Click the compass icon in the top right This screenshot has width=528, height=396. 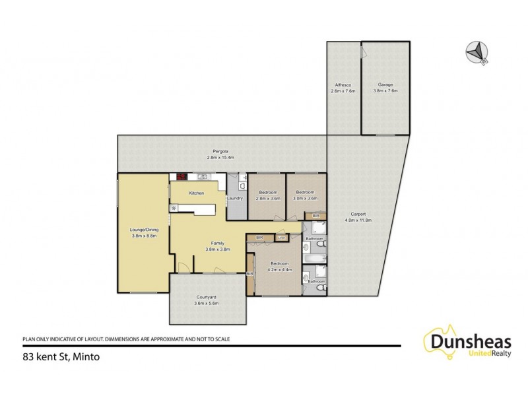[477, 52]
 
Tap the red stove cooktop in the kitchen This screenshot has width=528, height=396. [178, 177]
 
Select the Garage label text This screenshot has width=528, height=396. [386, 85]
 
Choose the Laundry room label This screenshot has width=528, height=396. [236, 198]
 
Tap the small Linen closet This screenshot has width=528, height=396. [282, 237]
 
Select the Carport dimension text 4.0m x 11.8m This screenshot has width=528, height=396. [359, 220]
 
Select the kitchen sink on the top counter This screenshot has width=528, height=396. [203, 177]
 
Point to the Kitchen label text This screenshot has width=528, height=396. [197, 193]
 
